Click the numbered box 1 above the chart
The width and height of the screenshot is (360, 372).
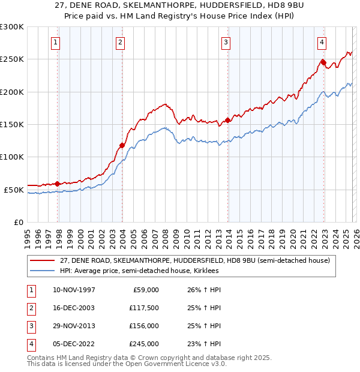pos(55,42)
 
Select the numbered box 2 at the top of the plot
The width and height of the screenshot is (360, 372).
pos(120,42)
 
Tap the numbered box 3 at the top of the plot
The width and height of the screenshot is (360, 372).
pos(226,42)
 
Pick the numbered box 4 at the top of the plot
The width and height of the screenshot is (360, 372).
pos(322,42)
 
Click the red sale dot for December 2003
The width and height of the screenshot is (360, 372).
pos(122,145)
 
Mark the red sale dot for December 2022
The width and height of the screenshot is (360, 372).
pos(323,62)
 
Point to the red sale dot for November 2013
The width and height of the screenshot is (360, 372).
pos(228,120)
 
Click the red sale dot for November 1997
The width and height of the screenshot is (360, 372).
pos(58,184)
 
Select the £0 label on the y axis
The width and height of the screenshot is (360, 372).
pos(19,222)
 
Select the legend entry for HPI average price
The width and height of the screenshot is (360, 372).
pos(138,271)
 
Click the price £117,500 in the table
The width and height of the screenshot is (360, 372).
pos(143,308)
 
